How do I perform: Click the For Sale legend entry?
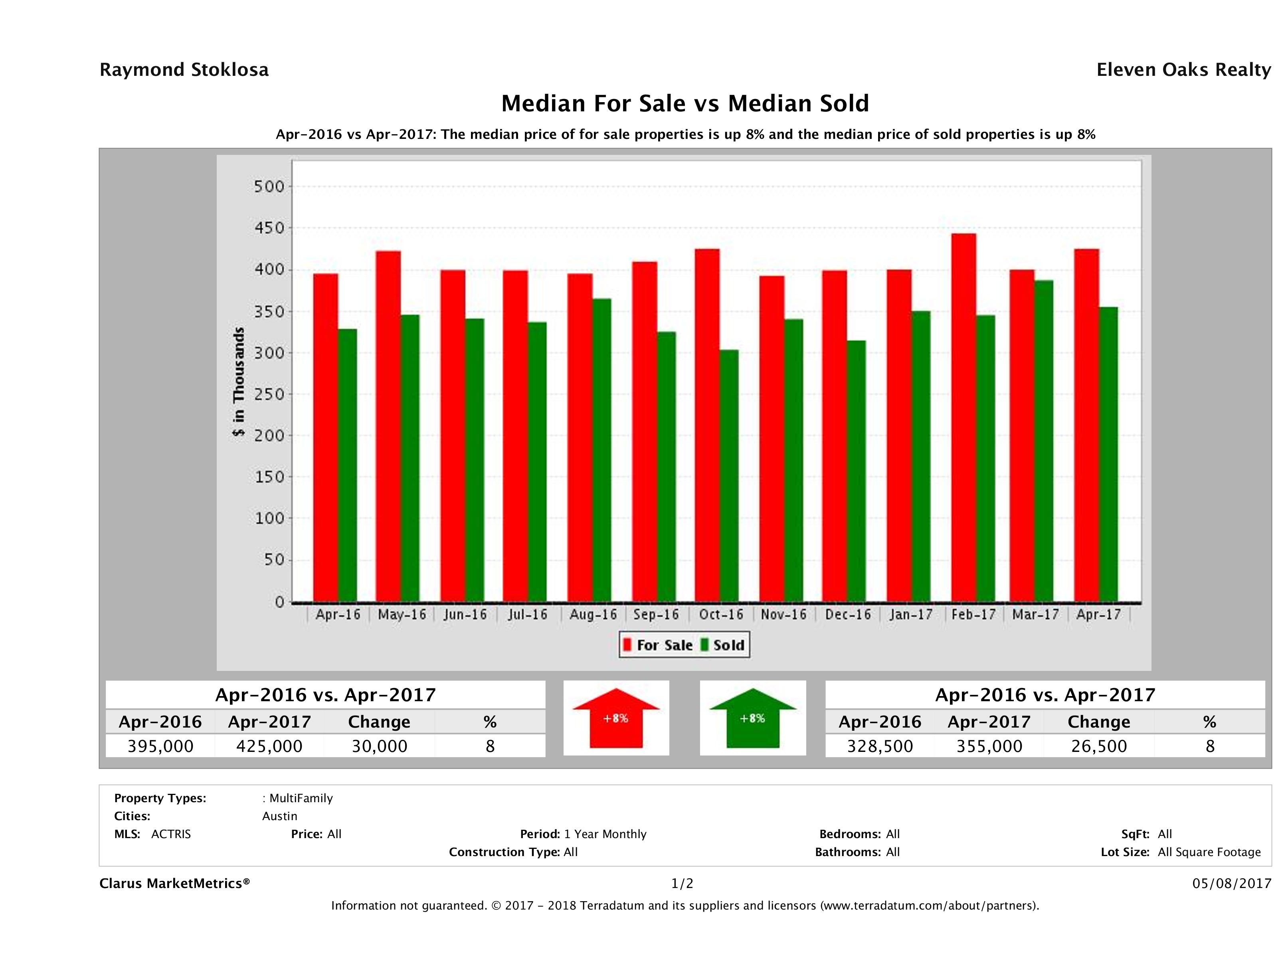[657, 645]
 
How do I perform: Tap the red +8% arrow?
[616, 718]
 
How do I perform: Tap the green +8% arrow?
[752, 718]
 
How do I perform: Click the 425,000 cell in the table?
[269, 746]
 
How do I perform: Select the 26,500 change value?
[1099, 746]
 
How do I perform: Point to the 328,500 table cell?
[880, 746]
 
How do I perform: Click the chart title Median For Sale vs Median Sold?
[685, 104]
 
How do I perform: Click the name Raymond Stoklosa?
[184, 70]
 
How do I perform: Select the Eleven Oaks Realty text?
[1183, 70]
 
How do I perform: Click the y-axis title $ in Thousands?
[239, 382]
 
